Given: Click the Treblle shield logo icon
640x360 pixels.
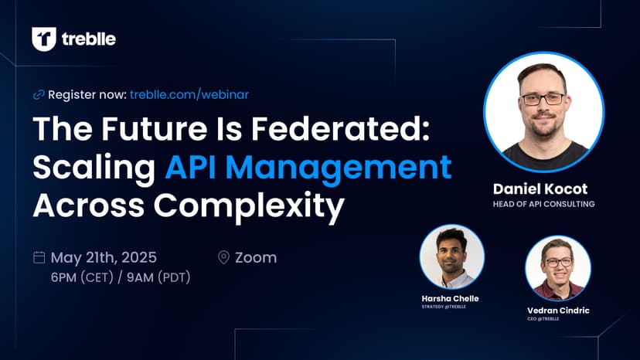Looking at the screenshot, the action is [x=44, y=39].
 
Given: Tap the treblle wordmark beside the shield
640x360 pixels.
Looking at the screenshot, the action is [x=89, y=39].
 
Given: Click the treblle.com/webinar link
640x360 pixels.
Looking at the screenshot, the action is [x=189, y=95].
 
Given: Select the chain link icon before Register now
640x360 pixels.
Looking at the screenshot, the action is [x=39, y=95].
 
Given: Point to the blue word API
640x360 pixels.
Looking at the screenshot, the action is [x=190, y=167].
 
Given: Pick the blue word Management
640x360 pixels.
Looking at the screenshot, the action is [x=339, y=168].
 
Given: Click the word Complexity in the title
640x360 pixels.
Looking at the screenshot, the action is [x=249, y=205].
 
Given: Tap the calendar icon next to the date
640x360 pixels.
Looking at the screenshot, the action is [x=39, y=257].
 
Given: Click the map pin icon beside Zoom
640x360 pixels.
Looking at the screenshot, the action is [x=223, y=257].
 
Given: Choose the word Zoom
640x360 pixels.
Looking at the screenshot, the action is [x=256, y=257].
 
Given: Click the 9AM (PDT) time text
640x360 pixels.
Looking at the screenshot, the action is [x=158, y=277].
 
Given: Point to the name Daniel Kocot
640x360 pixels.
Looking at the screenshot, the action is [x=540, y=189].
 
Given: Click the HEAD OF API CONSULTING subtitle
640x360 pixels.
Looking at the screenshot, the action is [x=543, y=204].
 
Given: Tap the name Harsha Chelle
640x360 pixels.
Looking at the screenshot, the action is [x=450, y=298].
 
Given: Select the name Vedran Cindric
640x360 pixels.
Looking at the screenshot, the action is [x=558, y=311].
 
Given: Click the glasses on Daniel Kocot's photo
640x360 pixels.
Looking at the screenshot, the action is [x=543, y=99].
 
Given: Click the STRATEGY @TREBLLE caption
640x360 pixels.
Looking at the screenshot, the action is [x=444, y=307].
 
